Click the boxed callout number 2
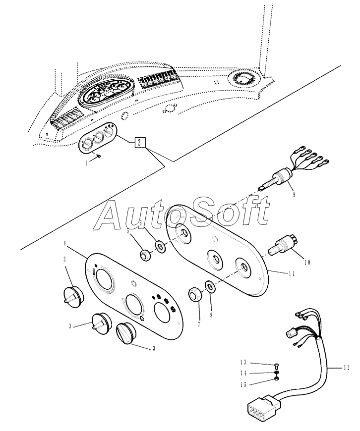139,143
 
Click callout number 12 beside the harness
347,368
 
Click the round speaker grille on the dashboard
243,78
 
